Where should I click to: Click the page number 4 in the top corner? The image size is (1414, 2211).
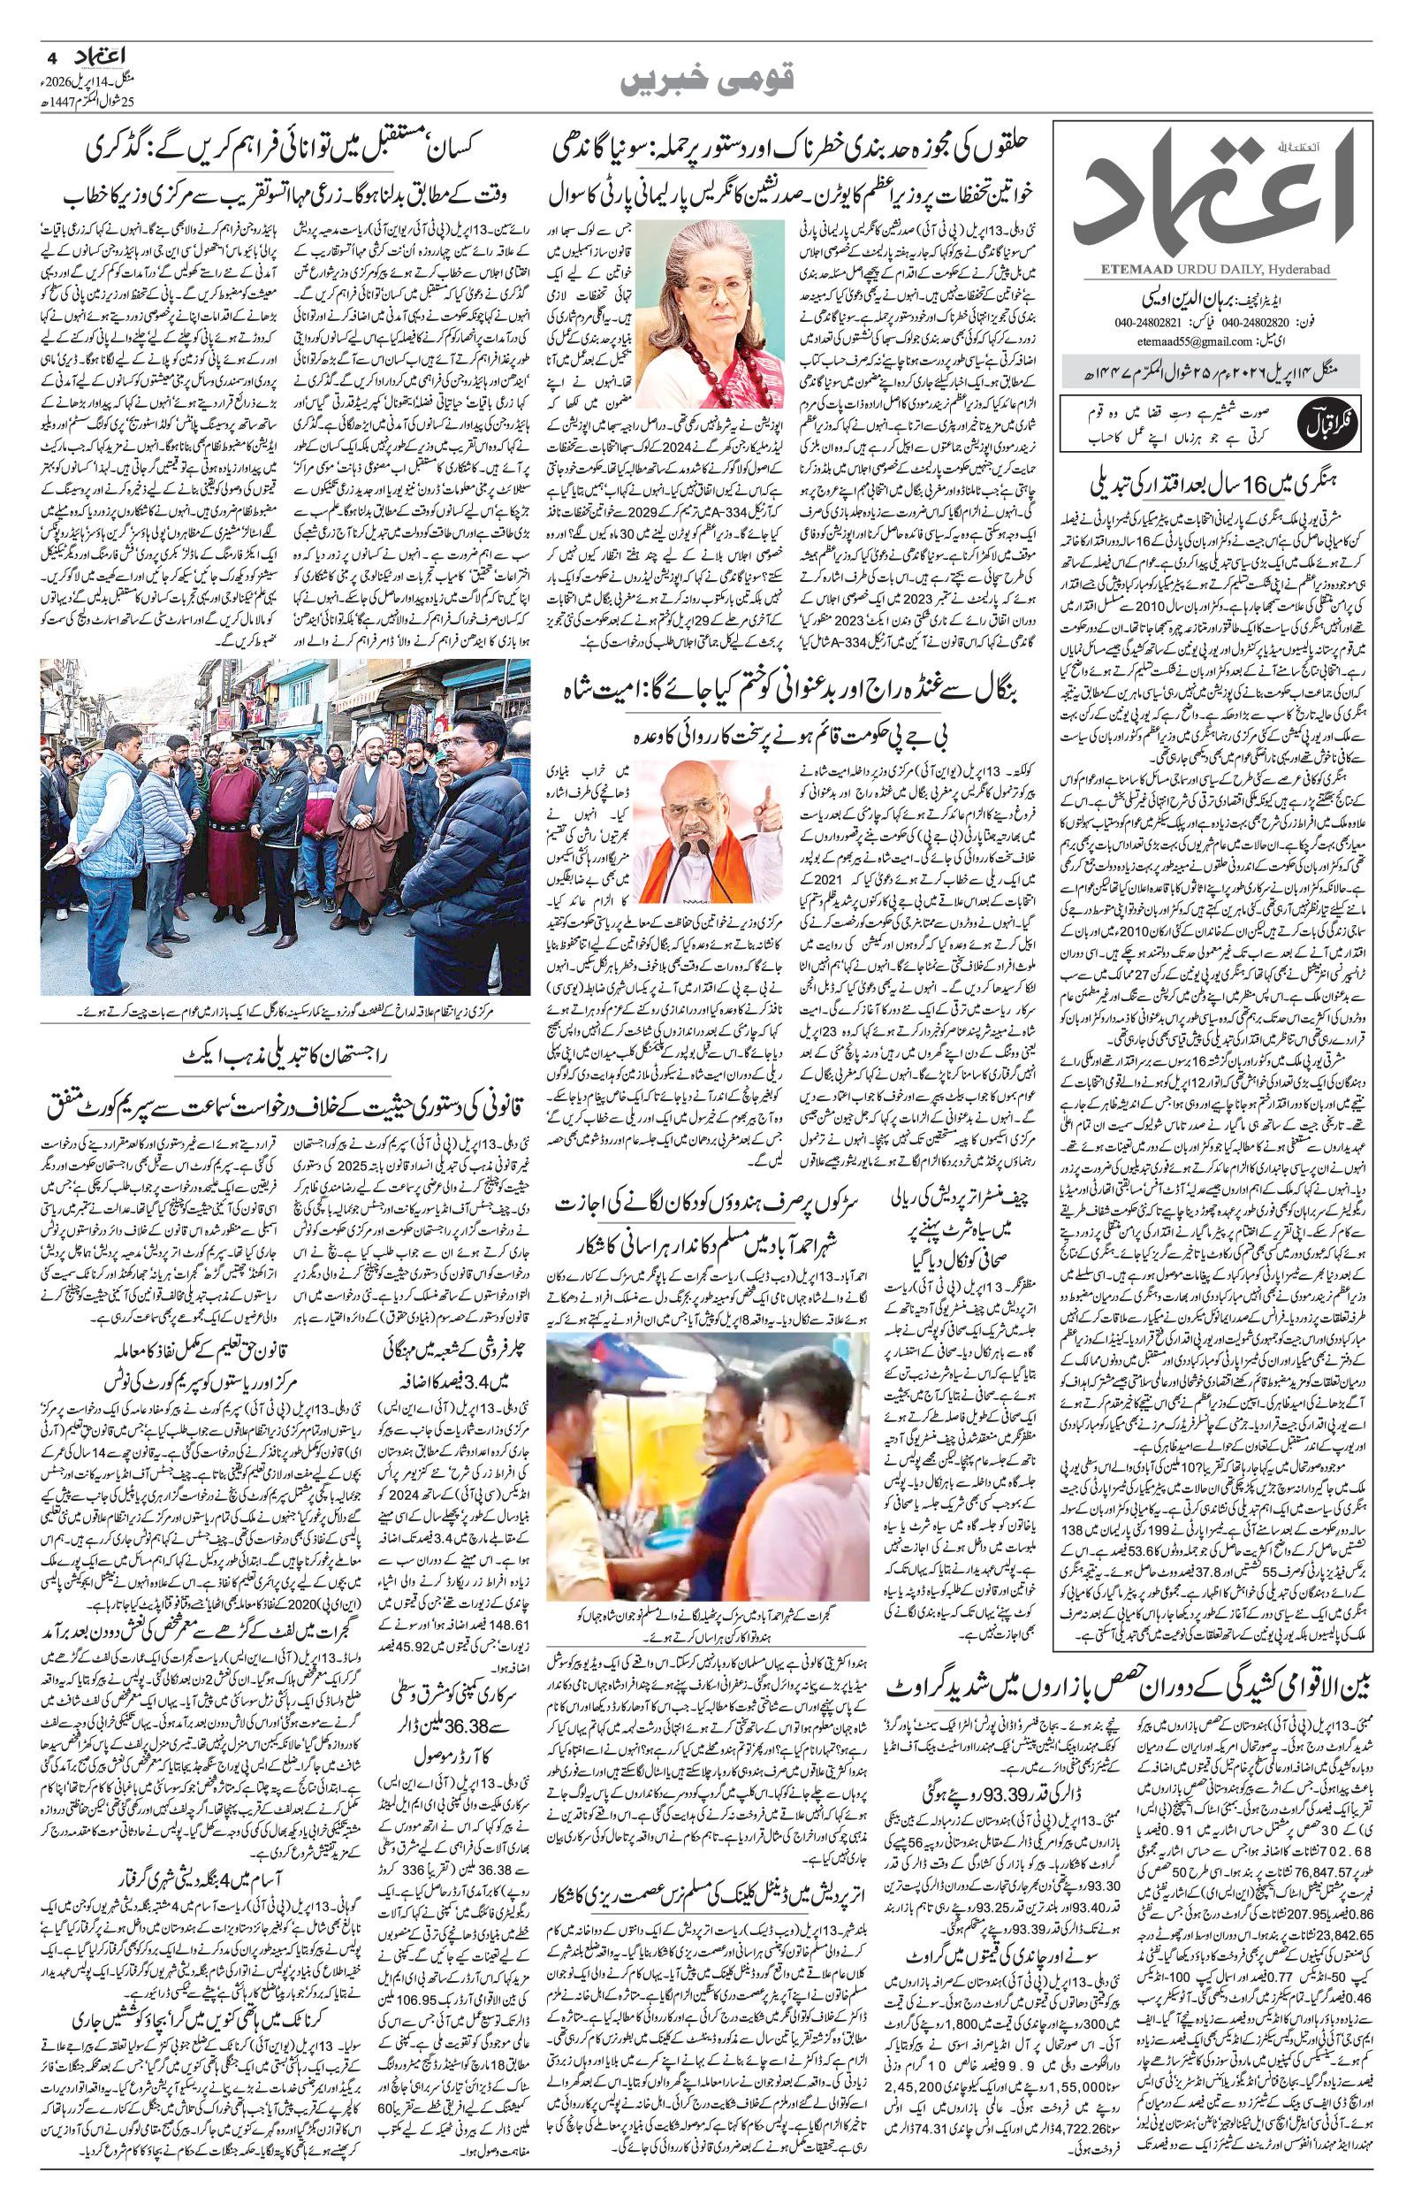tap(51, 57)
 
